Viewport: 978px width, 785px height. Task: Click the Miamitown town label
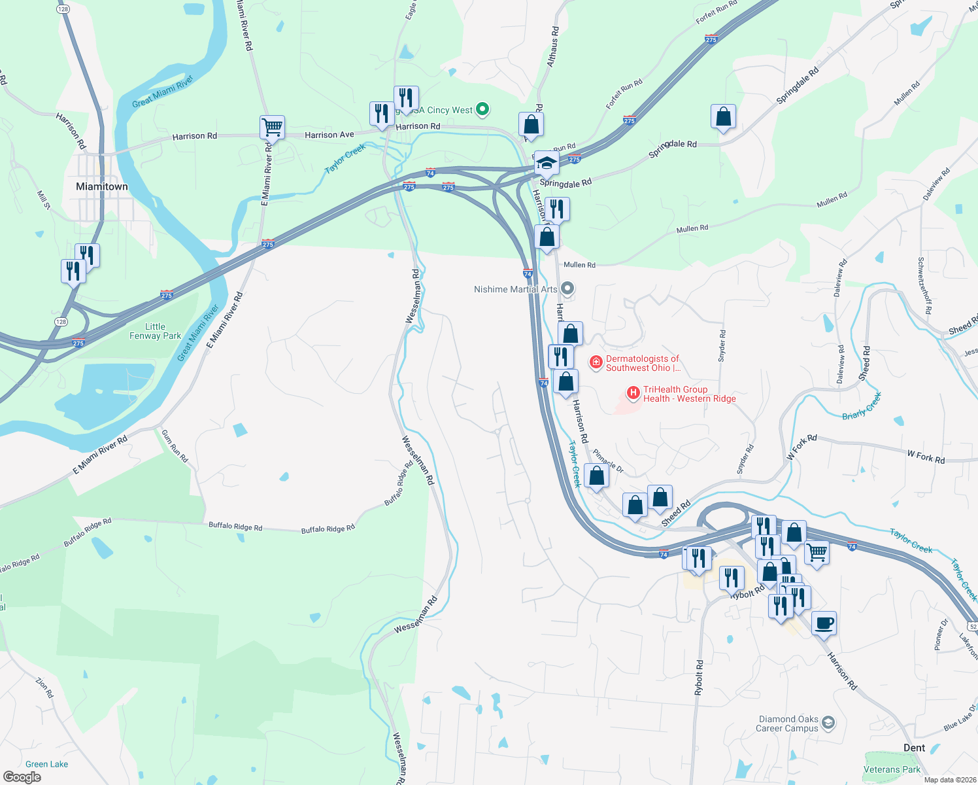coord(102,186)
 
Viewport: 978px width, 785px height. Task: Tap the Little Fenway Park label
coord(155,331)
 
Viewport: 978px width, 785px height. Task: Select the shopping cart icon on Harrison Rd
coord(272,127)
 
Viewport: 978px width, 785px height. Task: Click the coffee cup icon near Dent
coord(824,623)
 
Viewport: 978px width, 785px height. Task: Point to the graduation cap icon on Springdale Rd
coord(546,163)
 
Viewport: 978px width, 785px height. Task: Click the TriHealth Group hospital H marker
coord(633,393)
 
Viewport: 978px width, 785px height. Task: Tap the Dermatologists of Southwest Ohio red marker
coord(596,362)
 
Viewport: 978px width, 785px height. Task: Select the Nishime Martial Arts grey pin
coord(568,288)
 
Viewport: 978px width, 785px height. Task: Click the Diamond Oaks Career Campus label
coord(787,724)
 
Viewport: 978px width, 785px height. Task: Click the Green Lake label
coord(46,764)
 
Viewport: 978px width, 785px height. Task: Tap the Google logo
coord(22,776)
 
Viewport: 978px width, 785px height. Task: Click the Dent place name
coord(914,748)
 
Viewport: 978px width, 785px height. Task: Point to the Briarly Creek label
coord(862,406)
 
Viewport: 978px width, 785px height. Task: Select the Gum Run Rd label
coord(175,446)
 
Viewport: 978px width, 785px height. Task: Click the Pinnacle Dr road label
coord(608,461)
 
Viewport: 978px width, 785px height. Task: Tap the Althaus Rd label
coord(553,46)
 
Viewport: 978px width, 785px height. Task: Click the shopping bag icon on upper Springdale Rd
coord(723,117)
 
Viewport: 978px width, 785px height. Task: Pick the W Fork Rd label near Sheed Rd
coord(801,447)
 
